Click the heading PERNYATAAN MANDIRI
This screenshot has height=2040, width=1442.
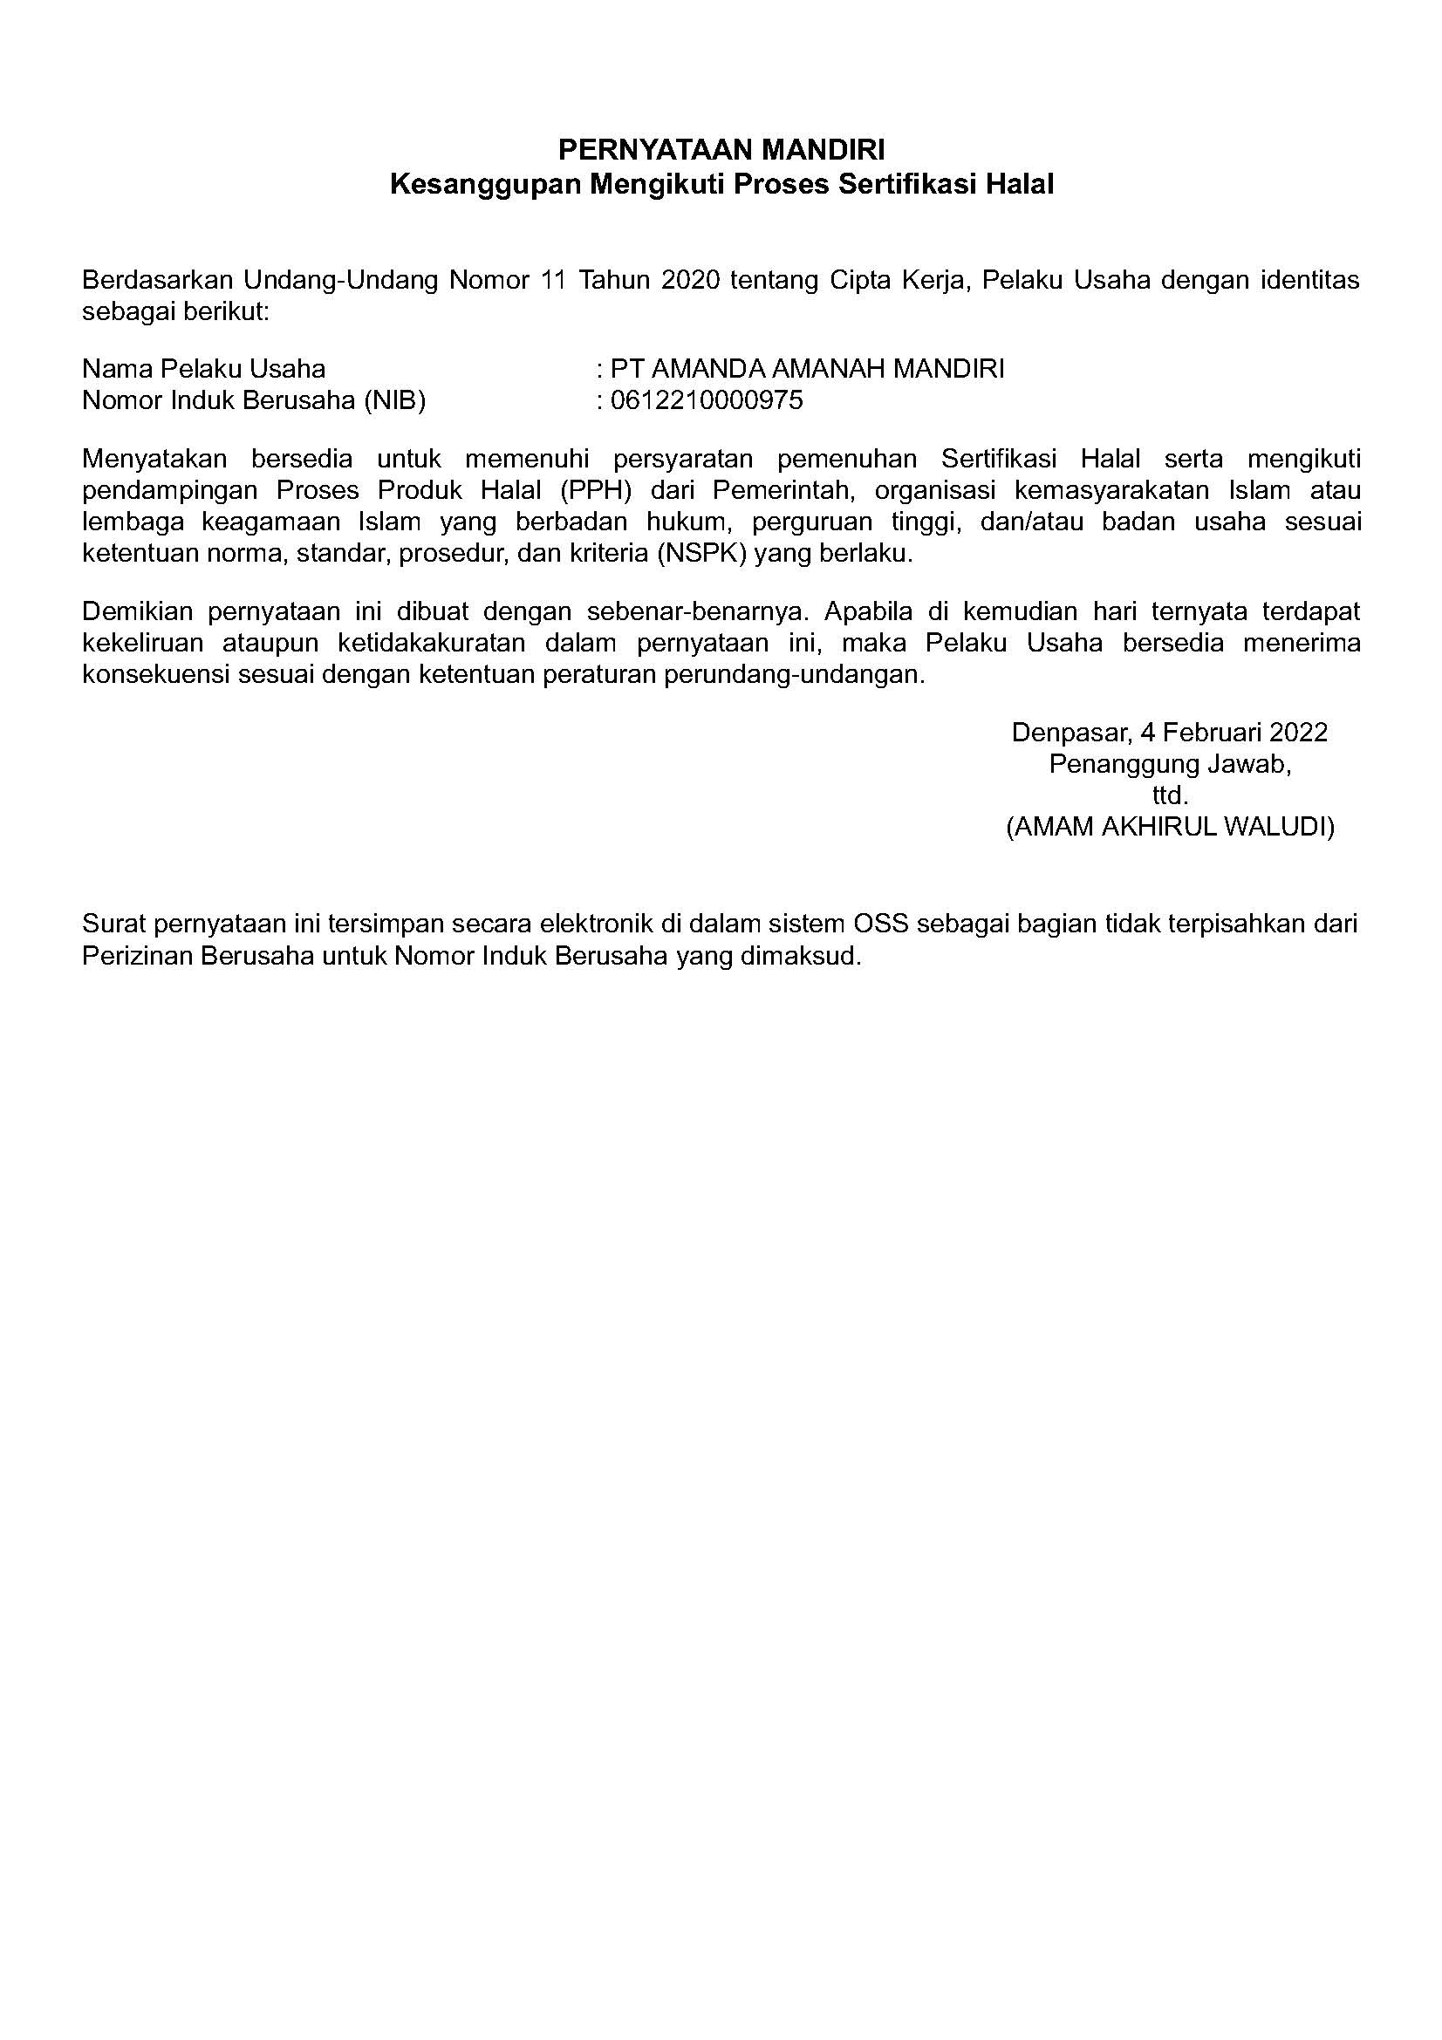point(721,148)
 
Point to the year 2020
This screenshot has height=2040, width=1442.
point(689,281)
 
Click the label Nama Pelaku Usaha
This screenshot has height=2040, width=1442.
point(203,369)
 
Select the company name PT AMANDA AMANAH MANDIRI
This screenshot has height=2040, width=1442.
point(807,369)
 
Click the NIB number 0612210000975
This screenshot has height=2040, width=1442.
point(707,400)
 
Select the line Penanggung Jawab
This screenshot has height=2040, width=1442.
point(1169,764)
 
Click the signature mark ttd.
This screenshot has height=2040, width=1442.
point(1170,795)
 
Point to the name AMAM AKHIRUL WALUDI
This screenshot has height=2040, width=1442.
point(1170,827)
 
